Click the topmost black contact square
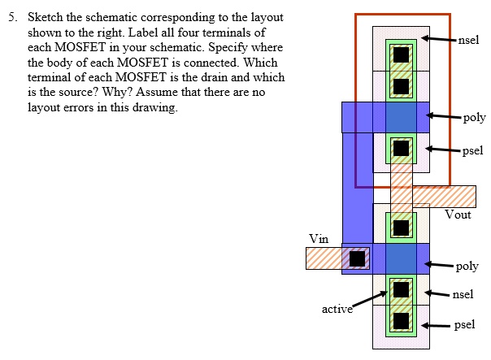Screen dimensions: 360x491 pyautogui.click(x=401, y=54)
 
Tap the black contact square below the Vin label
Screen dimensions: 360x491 pyautogui.click(x=356, y=258)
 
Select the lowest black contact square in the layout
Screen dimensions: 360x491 pyautogui.click(x=401, y=320)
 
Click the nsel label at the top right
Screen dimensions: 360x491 pyautogui.click(x=469, y=40)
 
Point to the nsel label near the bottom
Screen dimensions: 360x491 pyautogui.click(x=463, y=293)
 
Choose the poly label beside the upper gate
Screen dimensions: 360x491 pyautogui.click(x=474, y=117)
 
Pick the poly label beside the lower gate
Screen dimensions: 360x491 pyautogui.click(x=467, y=266)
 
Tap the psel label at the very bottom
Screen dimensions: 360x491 pyautogui.click(x=464, y=324)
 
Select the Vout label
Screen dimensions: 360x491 pyautogui.click(x=458, y=215)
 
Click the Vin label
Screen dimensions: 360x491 pyautogui.click(x=319, y=238)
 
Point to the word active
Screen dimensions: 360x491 pyautogui.click(x=337, y=309)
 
